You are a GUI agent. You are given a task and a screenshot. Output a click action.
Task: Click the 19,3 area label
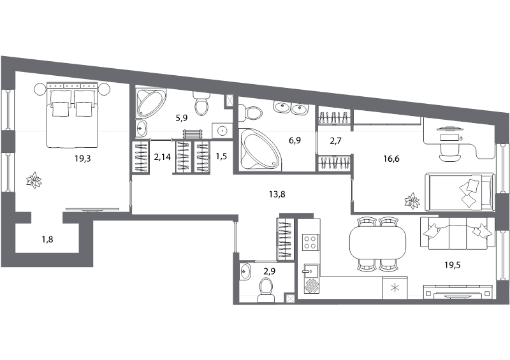click(83, 159)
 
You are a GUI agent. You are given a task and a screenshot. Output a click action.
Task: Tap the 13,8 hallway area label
click(277, 194)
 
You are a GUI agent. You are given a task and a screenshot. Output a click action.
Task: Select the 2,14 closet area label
click(162, 157)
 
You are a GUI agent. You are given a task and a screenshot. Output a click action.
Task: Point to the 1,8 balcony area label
click(47, 240)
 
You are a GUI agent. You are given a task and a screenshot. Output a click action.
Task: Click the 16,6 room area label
click(391, 159)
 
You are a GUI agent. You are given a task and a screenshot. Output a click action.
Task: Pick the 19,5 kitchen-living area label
click(453, 265)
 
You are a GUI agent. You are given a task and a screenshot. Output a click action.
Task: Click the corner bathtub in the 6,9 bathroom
click(260, 149)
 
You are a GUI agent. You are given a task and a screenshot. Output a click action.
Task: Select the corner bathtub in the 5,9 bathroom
click(150, 103)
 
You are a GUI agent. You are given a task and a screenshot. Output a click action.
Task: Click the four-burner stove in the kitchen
click(310, 242)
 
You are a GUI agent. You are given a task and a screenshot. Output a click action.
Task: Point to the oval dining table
click(377, 242)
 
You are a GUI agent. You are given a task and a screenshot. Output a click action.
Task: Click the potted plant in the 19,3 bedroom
click(34, 180)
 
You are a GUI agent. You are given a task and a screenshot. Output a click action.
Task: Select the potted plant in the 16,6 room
click(412, 201)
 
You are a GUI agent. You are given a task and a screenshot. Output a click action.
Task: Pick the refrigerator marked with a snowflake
click(395, 288)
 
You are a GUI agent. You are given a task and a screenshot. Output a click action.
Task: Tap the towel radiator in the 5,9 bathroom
click(193, 134)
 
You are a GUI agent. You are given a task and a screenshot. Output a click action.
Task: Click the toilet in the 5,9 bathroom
click(201, 103)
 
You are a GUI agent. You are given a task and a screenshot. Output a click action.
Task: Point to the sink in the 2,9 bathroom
click(245, 271)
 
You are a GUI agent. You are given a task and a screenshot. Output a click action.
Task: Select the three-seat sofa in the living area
click(458, 233)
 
